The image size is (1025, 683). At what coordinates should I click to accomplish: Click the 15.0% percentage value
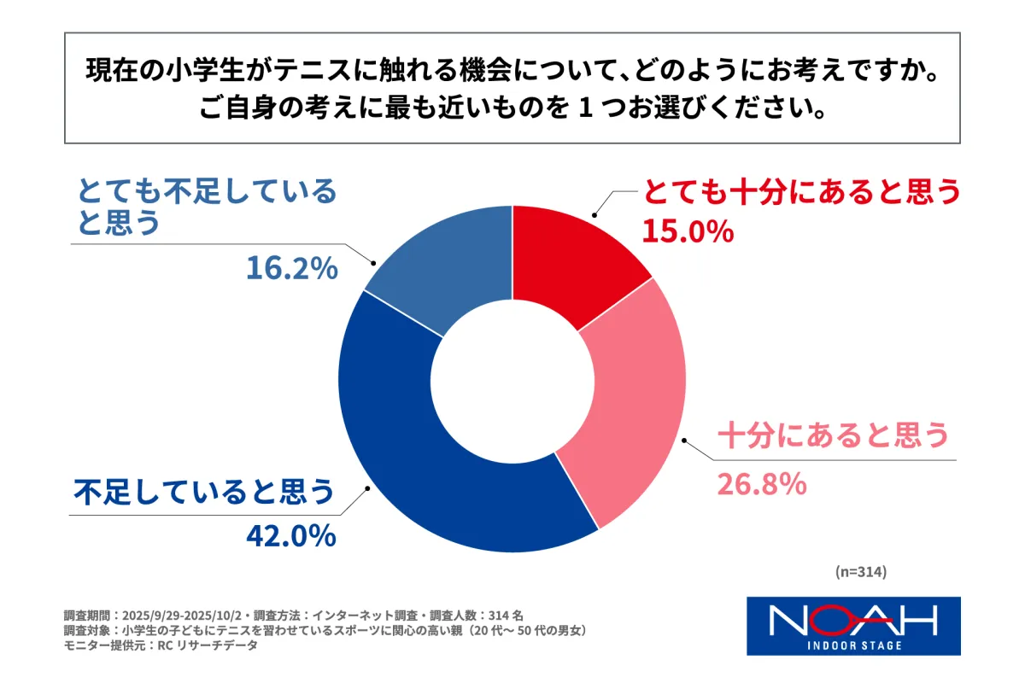[x=688, y=231]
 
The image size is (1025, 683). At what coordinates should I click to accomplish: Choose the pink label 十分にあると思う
[x=833, y=436]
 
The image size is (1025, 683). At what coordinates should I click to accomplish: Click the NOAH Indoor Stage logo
[x=853, y=625]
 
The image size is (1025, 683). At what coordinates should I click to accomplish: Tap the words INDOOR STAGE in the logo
[x=853, y=645]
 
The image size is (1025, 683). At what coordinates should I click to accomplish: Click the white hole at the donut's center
[x=512, y=379]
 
